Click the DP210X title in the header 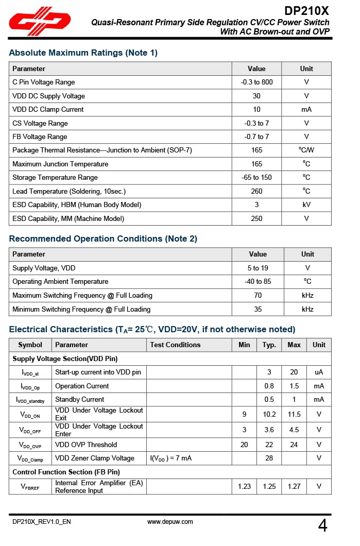(x=306, y=11)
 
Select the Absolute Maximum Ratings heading (x=83, y=53)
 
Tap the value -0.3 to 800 (x=256, y=82)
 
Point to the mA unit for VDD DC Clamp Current (x=306, y=110)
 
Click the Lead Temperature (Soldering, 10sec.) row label (x=69, y=192)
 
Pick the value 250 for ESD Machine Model (x=256, y=219)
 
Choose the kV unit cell (x=306, y=205)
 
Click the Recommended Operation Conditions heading (x=103, y=239)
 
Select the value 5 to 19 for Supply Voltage (x=256, y=268)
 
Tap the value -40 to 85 (x=256, y=282)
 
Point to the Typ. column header (x=269, y=345)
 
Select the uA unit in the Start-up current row (x=319, y=372)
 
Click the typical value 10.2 (x=269, y=415)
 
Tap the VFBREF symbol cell (x=30, y=487)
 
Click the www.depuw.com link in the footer (x=170, y=522)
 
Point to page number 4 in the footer (x=322, y=526)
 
